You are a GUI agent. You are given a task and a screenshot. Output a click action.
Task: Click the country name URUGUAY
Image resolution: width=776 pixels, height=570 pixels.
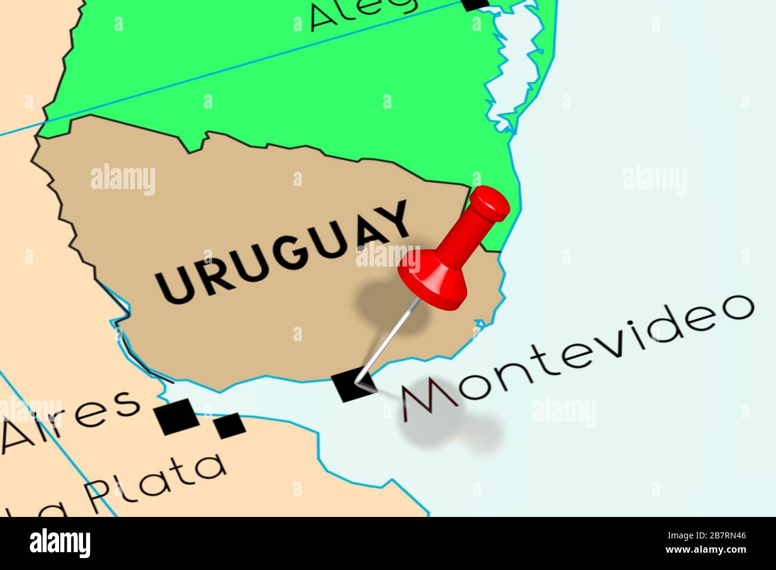point(284,251)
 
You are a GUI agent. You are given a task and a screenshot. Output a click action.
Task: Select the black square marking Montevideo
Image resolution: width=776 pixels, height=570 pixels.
point(353,385)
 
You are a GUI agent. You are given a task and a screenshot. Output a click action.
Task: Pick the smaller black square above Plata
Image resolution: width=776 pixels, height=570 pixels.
point(229,425)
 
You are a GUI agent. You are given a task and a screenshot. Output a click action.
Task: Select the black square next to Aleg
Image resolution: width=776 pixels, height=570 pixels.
point(476,4)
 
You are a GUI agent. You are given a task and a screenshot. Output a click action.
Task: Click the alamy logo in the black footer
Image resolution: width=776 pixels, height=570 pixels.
point(60,543)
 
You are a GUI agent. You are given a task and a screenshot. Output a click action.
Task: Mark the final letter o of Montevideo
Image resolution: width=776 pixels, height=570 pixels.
point(734,308)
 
